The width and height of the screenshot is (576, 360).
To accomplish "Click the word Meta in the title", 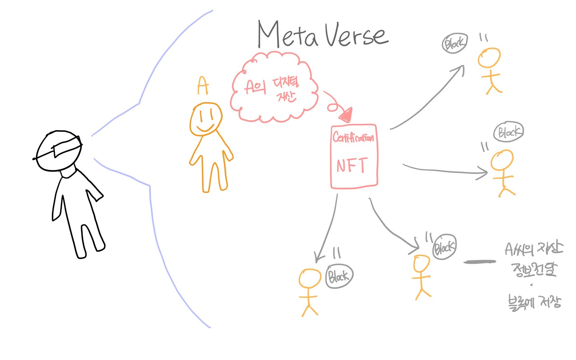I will (288, 35).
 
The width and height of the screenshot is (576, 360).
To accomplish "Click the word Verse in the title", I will (356, 35).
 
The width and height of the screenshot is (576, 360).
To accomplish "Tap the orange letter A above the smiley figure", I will (203, 85).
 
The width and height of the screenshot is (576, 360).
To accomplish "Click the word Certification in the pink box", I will (353, 138).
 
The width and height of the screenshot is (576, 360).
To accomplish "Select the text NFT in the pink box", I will (352, 165).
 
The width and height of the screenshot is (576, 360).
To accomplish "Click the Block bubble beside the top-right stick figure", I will (455, 43).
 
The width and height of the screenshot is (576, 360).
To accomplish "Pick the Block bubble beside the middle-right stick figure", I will (508, 132).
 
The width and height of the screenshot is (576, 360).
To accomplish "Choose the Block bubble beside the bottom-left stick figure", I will (339, 276).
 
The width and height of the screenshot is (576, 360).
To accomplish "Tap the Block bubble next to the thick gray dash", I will (444, 247).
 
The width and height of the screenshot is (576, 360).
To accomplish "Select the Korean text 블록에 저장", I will (534, 302).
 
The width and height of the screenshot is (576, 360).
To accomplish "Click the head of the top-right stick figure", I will (489, 58).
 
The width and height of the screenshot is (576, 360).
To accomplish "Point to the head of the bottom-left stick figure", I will (310, 278).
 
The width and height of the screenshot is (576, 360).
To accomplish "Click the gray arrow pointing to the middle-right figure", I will (444, 170).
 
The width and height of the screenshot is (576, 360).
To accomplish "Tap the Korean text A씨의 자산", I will (534, 249).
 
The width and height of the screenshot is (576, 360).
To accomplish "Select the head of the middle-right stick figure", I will (502, 160).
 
